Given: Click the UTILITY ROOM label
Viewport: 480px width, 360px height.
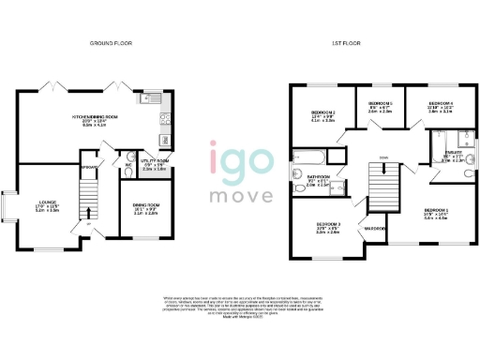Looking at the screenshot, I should tap(154, 162).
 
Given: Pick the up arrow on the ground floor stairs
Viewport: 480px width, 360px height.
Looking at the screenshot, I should tap(89, 223).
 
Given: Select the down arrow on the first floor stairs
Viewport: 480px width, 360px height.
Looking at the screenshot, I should tap(383, 157).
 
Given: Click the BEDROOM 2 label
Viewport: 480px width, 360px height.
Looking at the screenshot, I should tap(323, 114).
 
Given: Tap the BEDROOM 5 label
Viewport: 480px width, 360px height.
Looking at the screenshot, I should tap(380, 103).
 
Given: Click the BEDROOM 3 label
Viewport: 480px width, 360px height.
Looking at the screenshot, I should tap(327, 225).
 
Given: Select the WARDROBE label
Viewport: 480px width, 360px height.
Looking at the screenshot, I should tap(375, 228).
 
